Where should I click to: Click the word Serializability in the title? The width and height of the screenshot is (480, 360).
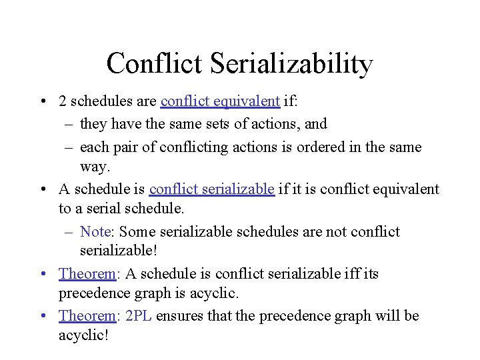[291, 64]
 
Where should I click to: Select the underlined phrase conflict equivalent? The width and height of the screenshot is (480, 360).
[220, 101]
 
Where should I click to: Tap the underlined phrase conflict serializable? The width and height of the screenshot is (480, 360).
[212, 189]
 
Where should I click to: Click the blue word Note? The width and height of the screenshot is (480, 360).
[95, 231]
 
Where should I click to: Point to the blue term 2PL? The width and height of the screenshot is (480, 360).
[138, 315]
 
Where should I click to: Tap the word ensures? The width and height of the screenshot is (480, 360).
[183, 315]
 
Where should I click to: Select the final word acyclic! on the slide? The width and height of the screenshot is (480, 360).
[83, 334]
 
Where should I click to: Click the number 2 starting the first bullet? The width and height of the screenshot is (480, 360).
[62, 101]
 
